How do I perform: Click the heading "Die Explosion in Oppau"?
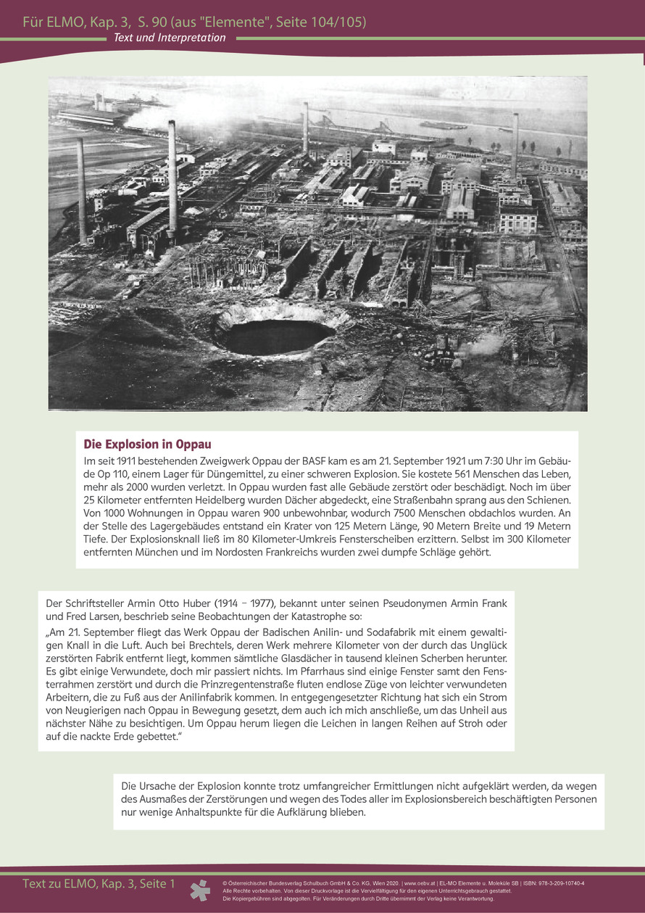(148, 444)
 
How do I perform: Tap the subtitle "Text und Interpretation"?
(169, 38)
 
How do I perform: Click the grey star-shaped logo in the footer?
(200, 890)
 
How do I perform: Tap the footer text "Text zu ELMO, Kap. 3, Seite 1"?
(99, 884)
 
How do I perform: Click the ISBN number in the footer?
(549, 883)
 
